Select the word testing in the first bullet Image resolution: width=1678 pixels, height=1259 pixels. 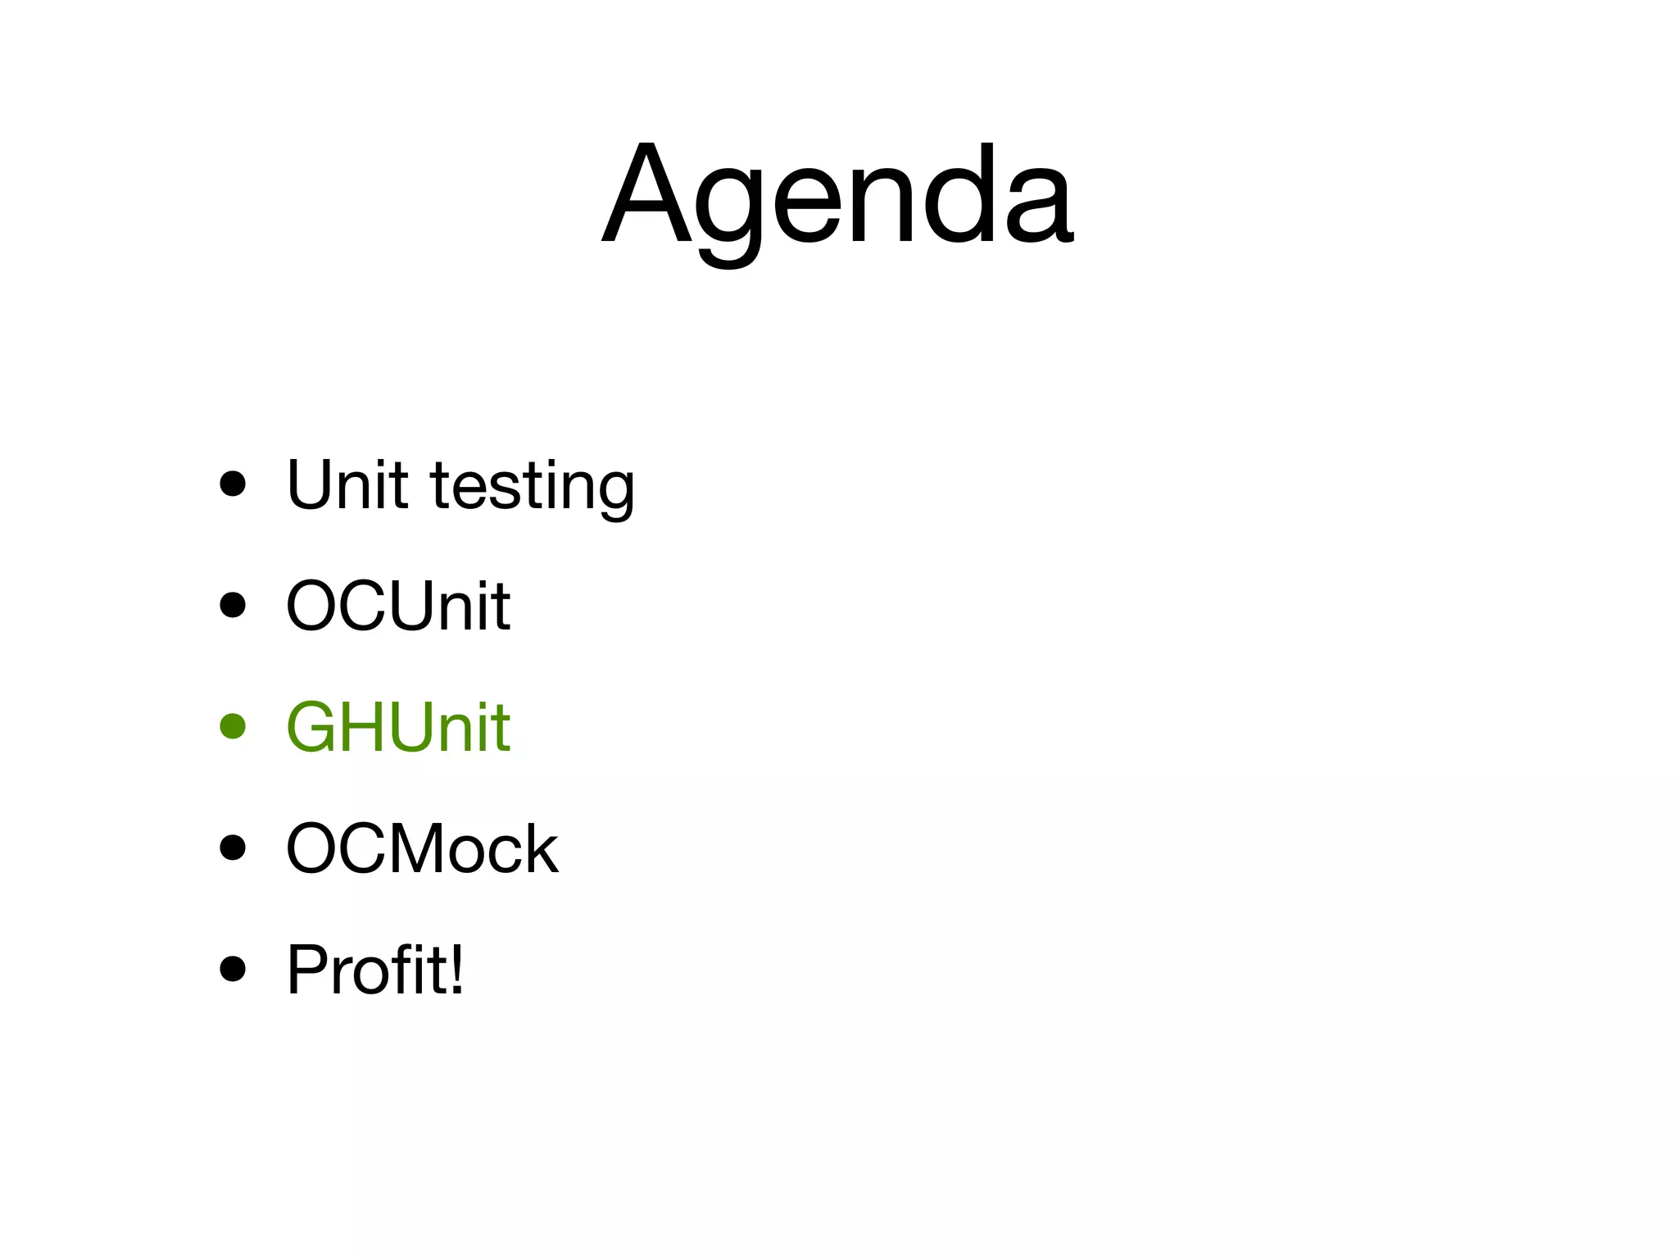coord(533,487)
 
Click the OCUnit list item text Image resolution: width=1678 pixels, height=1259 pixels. coord(398,607)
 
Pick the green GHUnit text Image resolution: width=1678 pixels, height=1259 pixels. coord(398,727)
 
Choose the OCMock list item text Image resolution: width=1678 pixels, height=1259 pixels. coord(422,849)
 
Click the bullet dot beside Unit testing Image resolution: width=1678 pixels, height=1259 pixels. coord(234,484)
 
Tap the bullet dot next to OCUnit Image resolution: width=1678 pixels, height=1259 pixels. coord(234,606)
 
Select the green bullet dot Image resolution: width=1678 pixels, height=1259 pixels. coord(234,726)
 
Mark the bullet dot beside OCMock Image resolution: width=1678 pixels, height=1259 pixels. coord(234,848)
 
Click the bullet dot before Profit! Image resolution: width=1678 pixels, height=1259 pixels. coord(234,969)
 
